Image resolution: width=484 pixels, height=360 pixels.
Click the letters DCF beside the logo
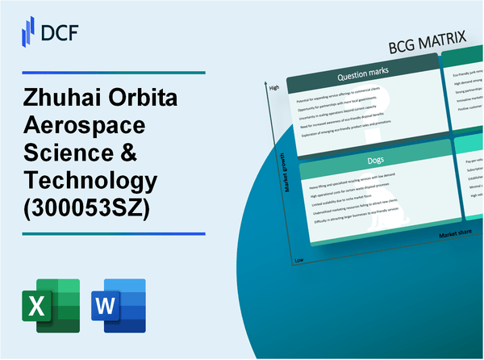point(61,32)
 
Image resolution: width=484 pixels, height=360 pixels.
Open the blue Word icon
point(119,306)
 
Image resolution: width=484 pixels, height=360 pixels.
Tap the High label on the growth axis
point(273,87)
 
